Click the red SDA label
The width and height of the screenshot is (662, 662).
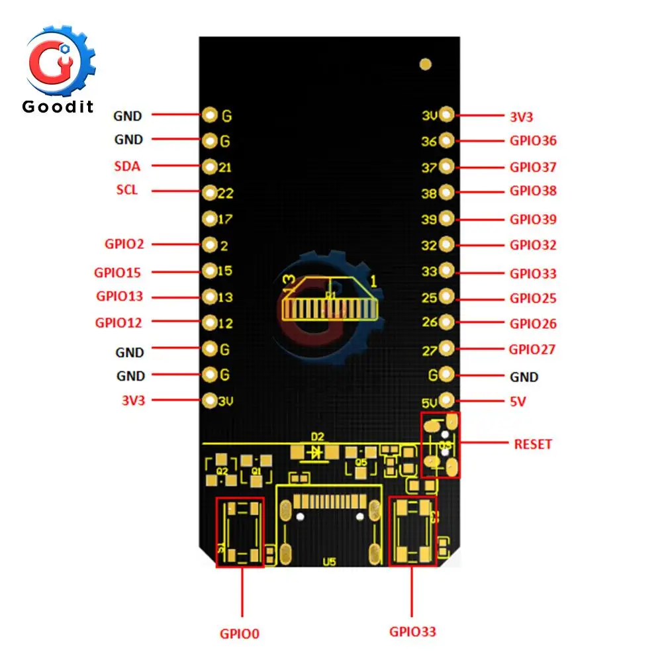(127, 166)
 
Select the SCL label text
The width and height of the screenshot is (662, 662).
(127, 190)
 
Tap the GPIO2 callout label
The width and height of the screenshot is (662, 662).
(124, 244)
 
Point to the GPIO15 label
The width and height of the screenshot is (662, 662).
(117, 272)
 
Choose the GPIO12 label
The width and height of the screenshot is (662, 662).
(118, 322)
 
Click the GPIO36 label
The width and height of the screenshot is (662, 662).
(533, 140)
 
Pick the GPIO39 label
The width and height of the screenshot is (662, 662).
(533, 219)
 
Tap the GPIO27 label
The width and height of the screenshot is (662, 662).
(532, 349)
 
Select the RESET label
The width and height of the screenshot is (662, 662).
(533, 444)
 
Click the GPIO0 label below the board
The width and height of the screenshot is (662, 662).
(240, 634)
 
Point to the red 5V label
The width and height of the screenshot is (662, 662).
(517, 402)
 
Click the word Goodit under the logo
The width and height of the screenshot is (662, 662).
(58, 106)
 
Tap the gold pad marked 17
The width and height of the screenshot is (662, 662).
(210, 218)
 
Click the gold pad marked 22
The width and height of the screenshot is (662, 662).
(210, 193)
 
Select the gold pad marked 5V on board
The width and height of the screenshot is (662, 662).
(446, 400)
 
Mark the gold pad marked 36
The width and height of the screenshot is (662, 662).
(446, 140)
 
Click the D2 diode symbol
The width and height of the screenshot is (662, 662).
(316, 452)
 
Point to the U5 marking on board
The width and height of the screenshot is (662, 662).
(329, 562)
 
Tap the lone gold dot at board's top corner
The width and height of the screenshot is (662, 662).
(426, 64)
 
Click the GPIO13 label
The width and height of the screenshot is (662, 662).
(119, 296)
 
